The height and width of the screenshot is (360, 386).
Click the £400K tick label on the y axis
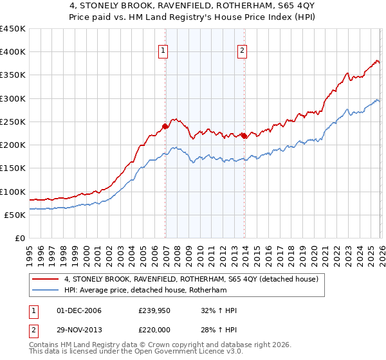12,52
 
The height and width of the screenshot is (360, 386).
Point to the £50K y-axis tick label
15,215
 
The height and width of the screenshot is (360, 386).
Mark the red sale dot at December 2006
165,126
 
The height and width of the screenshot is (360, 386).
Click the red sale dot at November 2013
244,136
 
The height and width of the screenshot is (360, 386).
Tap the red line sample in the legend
46,279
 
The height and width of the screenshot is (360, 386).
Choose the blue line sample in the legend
46,291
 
